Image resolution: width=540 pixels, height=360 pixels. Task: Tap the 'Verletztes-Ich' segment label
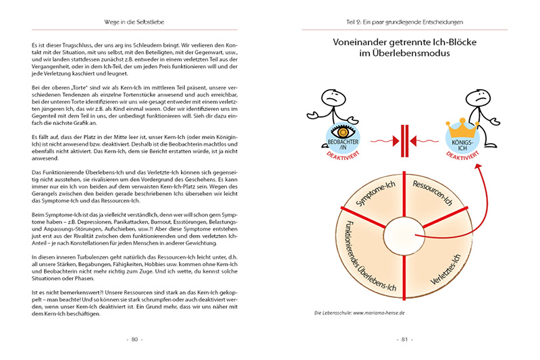tap(450, 268)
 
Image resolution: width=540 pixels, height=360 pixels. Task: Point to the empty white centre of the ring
tap(406, 236)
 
